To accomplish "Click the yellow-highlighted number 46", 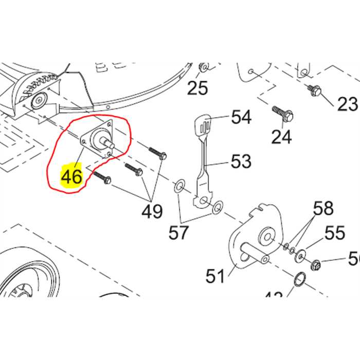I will point(71,176).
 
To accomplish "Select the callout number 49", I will point(152,211).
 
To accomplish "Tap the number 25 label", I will point(197,88).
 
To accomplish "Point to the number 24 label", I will point(281,136).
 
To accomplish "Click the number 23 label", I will point(347,104).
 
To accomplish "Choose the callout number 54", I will point(241,117).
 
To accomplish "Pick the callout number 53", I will point(241,161).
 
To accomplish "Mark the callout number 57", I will point(179,232).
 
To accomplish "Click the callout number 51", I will point(215,276).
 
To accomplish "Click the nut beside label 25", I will point(204,67).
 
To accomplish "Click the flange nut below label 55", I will point(317,265).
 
